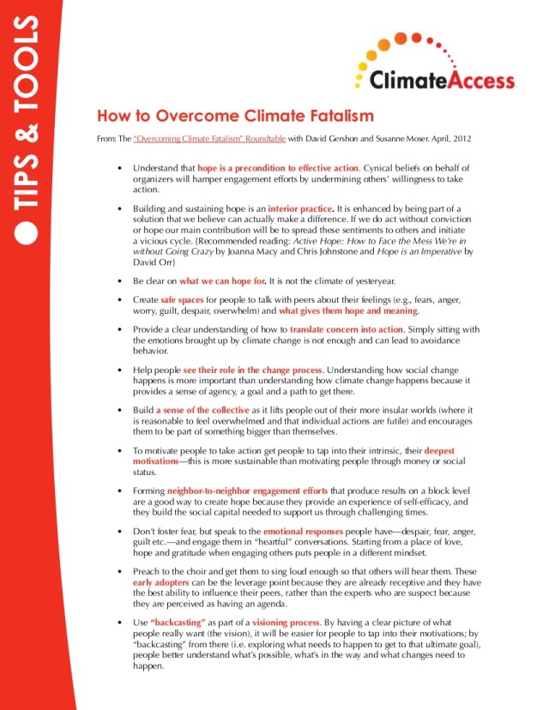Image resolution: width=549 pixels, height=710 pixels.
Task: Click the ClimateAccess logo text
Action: (443, 81)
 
